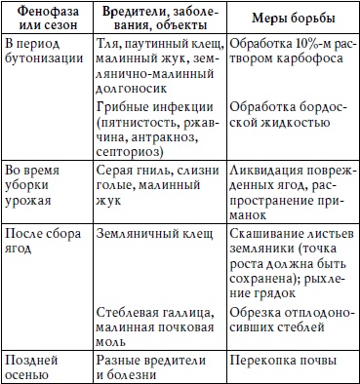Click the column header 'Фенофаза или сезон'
45,20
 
